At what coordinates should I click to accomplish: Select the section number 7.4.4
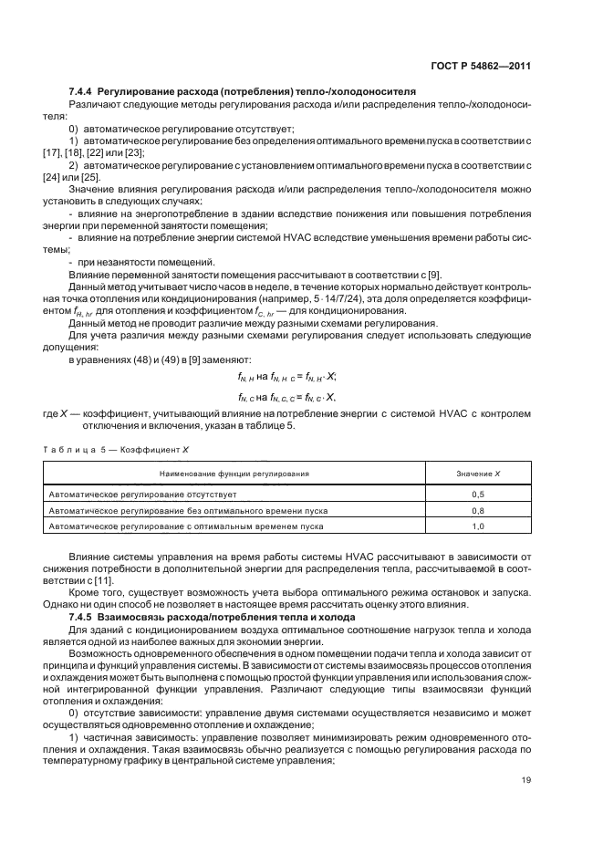(83, 92)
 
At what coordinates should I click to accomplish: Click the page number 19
(525, 805)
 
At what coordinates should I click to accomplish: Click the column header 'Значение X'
(477, 474)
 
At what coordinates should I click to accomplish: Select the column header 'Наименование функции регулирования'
(234, 474)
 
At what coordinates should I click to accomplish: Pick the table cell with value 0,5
(477, 494)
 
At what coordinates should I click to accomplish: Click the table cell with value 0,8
(477, 510)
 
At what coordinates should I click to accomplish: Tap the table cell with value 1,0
(477, 526)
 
